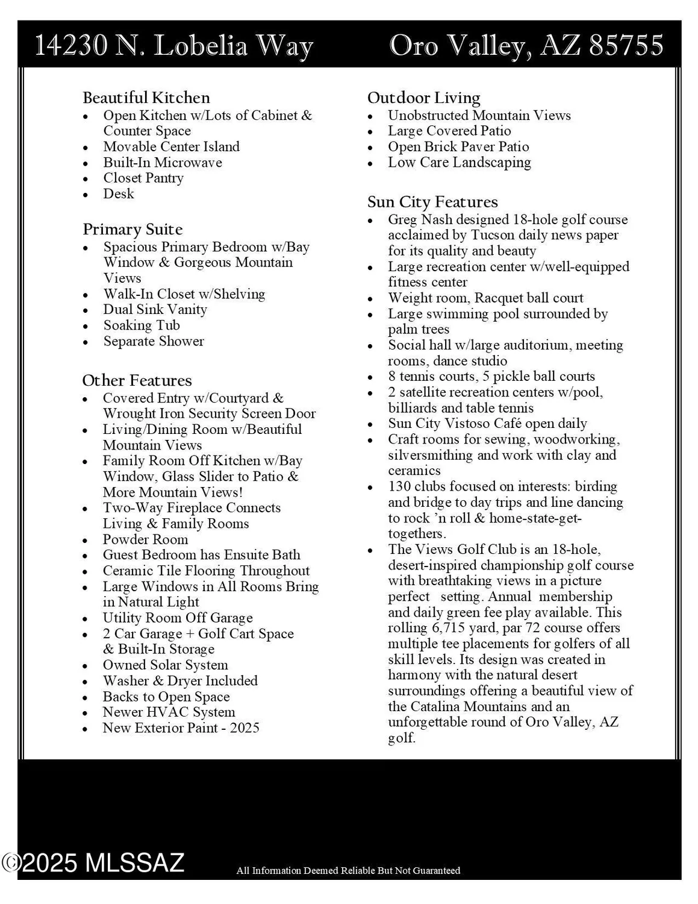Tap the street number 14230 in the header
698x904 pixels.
tap(71, 46)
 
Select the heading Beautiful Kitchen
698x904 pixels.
tap(146, 98)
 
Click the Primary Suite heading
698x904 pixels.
tap(132, 229)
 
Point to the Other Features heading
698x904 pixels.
tap(137, 380)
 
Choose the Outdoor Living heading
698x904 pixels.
tap(423, 98)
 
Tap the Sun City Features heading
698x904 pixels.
tap(432, 202)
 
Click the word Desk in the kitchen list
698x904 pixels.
tap(119, 193)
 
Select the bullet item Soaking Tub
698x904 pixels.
tap(142, 325)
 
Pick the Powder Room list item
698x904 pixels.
tap(145, 539)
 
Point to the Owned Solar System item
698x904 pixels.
tap(165, 665)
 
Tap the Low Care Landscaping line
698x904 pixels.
tap(459, 163)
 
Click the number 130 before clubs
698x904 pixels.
tap(399, 486)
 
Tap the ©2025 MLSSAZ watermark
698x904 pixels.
tap(93, 863)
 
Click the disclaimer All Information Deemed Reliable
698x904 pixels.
tap(348, 870)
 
